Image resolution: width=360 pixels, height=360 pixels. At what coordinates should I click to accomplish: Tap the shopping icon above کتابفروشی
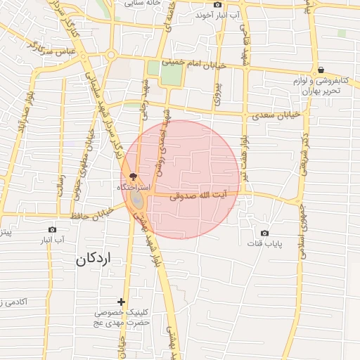[321, 70]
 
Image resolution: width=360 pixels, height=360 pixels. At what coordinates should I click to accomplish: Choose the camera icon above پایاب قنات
[264, 233]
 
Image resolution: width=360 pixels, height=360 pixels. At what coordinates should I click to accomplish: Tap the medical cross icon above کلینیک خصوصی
[121, 301]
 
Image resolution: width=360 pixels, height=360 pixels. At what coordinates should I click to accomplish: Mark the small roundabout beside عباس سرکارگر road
[110, 55]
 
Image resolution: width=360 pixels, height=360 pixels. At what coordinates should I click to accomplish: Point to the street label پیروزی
[218, 93]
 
